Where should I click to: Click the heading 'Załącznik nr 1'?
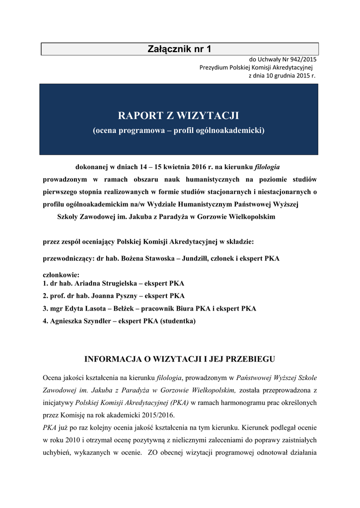[179, 49]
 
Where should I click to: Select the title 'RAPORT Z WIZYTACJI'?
[179, 116]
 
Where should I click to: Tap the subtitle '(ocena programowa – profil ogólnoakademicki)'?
[179, 131]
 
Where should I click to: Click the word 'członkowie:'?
[61, 275]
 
